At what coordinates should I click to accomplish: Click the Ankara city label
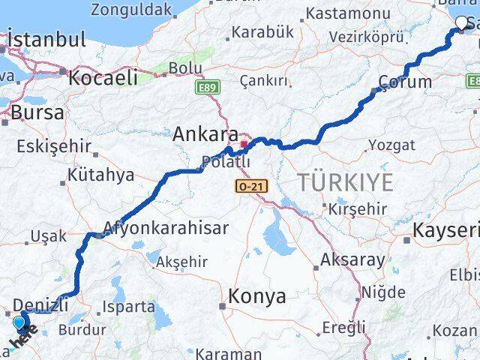(x=205, y=135)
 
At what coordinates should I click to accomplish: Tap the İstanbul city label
(x=46, y=40)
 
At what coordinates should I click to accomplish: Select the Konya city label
(x=257, y=296)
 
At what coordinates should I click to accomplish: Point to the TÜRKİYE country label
(x=344, y=181)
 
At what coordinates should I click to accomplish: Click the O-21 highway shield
(x=251, y=186)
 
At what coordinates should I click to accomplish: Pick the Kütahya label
(x=100, y=175)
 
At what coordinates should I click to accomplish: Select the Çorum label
(x=405, y=82)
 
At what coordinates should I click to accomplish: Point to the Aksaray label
(x=352, y=260)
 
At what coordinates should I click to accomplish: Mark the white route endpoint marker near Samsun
(x=462, y=23)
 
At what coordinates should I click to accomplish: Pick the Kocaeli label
(x=103, y=76)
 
